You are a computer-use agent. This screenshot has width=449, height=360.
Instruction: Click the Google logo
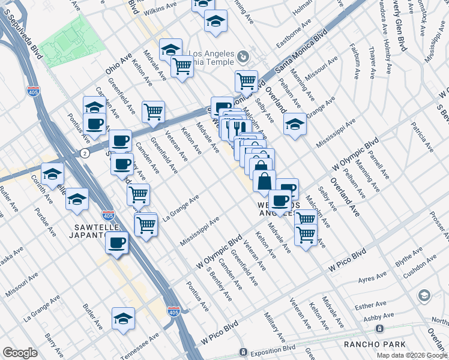20,353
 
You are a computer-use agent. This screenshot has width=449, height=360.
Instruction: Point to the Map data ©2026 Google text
412,355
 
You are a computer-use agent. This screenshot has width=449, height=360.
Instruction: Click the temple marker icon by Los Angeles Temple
243,58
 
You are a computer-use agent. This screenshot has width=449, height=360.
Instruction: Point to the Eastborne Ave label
294,35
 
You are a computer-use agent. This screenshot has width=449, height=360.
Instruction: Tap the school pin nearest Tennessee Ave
123,319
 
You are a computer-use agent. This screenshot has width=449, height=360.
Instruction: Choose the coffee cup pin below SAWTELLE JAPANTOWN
117,244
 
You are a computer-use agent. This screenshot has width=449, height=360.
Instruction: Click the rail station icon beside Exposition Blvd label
243,352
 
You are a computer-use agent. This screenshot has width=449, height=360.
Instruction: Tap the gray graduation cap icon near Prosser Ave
424,295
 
